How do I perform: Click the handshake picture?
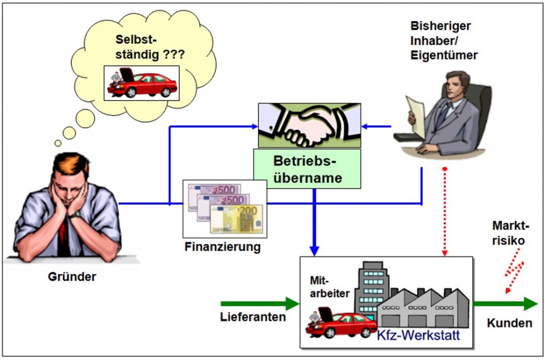(x=309, y=125)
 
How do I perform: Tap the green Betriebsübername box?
(x=307, y=169)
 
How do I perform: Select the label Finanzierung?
(x=222, y=247)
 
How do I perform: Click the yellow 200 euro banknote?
(x=236, y=219)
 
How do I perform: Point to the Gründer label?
(x=72, y=277)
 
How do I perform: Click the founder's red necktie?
(x=63, y=236)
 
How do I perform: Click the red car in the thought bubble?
(x=143, y=83)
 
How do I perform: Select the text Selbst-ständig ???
(x=150, y=47)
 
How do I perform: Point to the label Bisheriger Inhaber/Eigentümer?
(x=444, y=40)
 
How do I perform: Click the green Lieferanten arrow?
(x=260, y=304)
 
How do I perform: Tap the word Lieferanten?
(x=253, y=317)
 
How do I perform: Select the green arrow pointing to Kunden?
(x=506, y=304)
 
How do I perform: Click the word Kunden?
(x=509, y=323)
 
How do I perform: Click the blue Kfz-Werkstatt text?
(x=418, y=336)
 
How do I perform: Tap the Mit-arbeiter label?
(x=329, y=287)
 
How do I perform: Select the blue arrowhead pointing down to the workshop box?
(x=314, y=251)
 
